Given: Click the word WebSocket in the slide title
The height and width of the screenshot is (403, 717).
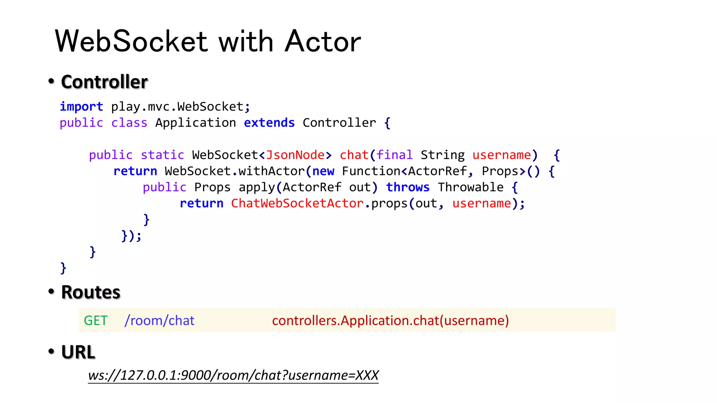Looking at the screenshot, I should tap(131, 41).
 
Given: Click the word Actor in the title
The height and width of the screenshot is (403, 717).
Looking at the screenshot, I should tap(322, 41).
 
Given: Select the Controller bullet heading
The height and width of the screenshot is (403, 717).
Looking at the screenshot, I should tap(104, 82).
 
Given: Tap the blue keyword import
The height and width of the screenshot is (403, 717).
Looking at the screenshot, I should tap(81, 106).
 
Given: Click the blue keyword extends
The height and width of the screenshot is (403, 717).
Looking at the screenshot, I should tap(269, 123).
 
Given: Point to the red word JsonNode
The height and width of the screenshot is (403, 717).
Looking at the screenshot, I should tap(295, 155).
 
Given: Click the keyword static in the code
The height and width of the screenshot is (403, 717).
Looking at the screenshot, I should tap(162, 155).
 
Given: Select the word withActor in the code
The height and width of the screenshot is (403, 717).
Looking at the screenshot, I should tap(272, 171).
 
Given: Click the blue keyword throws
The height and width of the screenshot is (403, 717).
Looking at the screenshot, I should tap(408, 187).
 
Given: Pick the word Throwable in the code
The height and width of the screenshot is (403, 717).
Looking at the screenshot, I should tap(471, 187).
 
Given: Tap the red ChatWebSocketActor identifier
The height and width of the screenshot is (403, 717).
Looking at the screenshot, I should tap(297, 203).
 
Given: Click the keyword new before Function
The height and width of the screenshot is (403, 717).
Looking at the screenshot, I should tap(323, 171).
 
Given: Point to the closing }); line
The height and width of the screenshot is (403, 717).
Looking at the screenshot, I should tap(131, 235).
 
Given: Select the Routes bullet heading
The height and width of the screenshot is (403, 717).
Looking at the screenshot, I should tap(91, 292).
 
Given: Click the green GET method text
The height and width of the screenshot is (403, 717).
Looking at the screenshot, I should tap(96, 320).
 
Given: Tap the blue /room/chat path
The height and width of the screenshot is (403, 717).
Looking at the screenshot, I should tap(159, 320).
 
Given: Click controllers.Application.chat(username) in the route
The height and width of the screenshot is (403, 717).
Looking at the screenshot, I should tap(390, 320).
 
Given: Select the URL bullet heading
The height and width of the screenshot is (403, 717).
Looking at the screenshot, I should tap(78, 352).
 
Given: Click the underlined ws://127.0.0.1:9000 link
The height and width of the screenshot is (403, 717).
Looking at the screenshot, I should tap(233, 375).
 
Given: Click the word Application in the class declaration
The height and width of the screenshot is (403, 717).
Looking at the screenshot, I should tap(195, 123).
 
